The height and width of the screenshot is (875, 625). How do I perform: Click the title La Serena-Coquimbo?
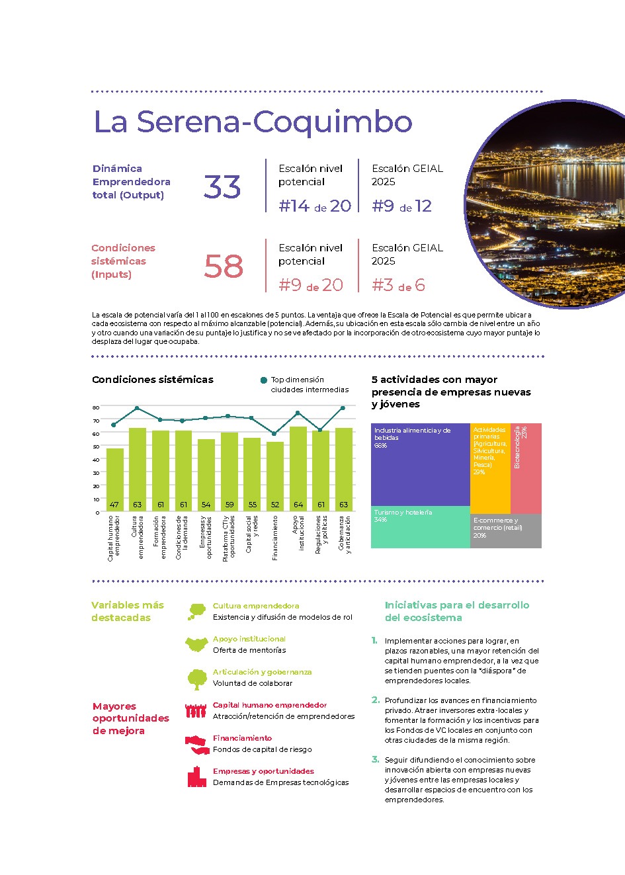[x=253, y=122]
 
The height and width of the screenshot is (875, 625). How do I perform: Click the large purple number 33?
[x=222, y=187]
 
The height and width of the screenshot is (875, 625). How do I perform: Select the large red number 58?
[x=224, y=267]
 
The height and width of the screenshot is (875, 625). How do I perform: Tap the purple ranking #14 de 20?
[x=315, y=206]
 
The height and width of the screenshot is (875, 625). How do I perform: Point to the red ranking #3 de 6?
[x=398, y=286]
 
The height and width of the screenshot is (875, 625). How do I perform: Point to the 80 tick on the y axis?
[x=96, y=407]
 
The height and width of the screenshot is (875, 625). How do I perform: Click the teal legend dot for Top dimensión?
[x=264, y=380]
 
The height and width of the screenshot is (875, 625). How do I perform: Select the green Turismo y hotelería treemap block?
[x=420, y=528]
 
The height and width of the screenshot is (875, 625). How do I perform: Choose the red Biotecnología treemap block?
[x=526, y=468]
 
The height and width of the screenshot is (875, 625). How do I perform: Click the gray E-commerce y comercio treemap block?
[x=506, y=531]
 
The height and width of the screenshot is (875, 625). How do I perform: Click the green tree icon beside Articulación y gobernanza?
[x=197, y=679]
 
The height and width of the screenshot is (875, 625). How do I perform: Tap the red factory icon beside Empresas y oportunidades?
[x=196, y=777]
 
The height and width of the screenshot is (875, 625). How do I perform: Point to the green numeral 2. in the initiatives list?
[x=376, y=700]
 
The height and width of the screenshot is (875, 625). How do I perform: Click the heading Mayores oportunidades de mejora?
[x=131, y=718]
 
